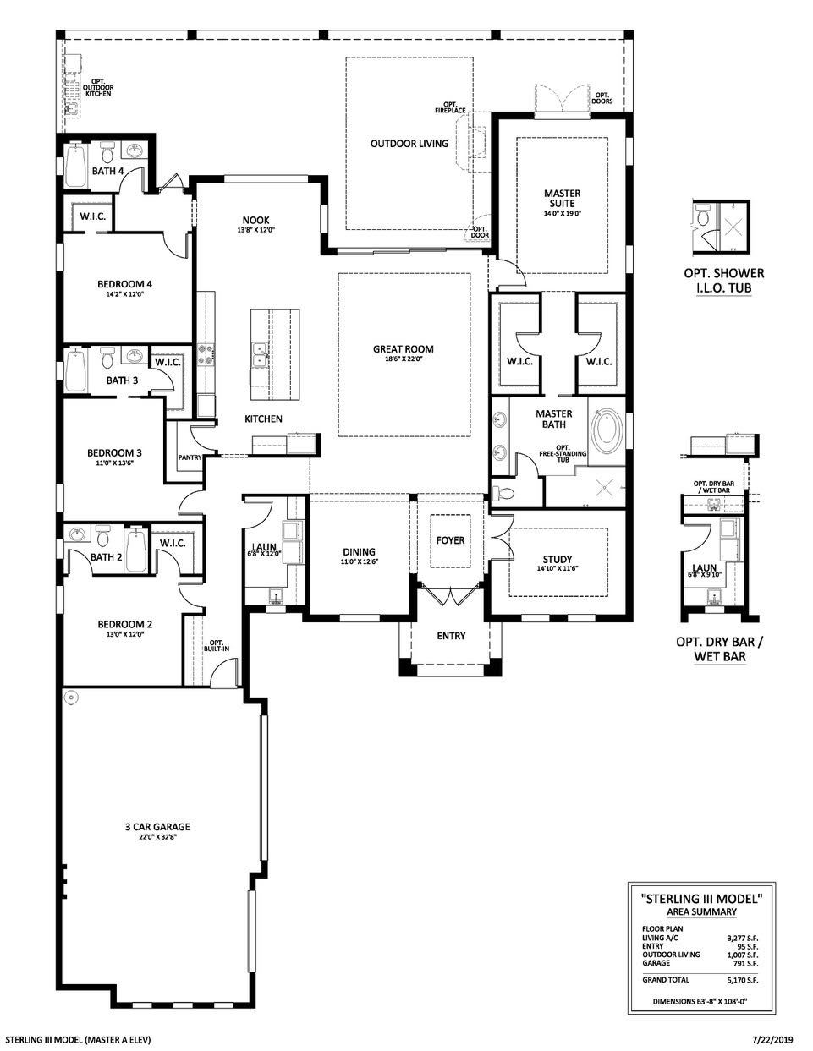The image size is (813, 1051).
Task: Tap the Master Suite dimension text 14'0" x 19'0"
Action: point(561,214)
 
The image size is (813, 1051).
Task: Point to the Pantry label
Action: point(189,457)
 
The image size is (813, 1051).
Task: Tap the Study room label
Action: point(558,559)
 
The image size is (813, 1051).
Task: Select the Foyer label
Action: point(450,540)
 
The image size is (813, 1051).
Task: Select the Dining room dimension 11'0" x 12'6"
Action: point(358,561)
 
